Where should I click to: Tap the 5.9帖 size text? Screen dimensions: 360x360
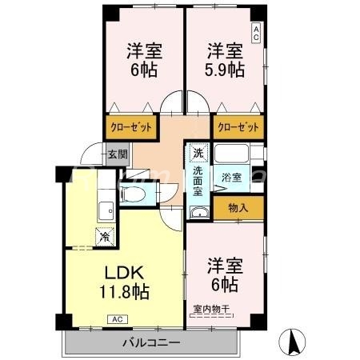tap(225, 70)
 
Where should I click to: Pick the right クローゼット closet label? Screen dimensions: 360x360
tap(238, 126)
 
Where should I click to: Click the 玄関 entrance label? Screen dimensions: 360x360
tap(117, 155)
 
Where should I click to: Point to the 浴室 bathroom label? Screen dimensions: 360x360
tap(232, 176)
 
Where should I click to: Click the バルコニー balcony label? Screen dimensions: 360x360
tap(151, 343)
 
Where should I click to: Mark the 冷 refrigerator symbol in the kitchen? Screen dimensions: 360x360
tap(104, 236)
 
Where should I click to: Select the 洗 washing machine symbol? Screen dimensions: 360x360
tap(198, 151)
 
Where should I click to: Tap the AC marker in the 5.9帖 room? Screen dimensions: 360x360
tap(256, 33)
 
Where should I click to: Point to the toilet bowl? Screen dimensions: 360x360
tap(135, 194)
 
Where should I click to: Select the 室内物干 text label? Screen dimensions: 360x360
tap(211, 308)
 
